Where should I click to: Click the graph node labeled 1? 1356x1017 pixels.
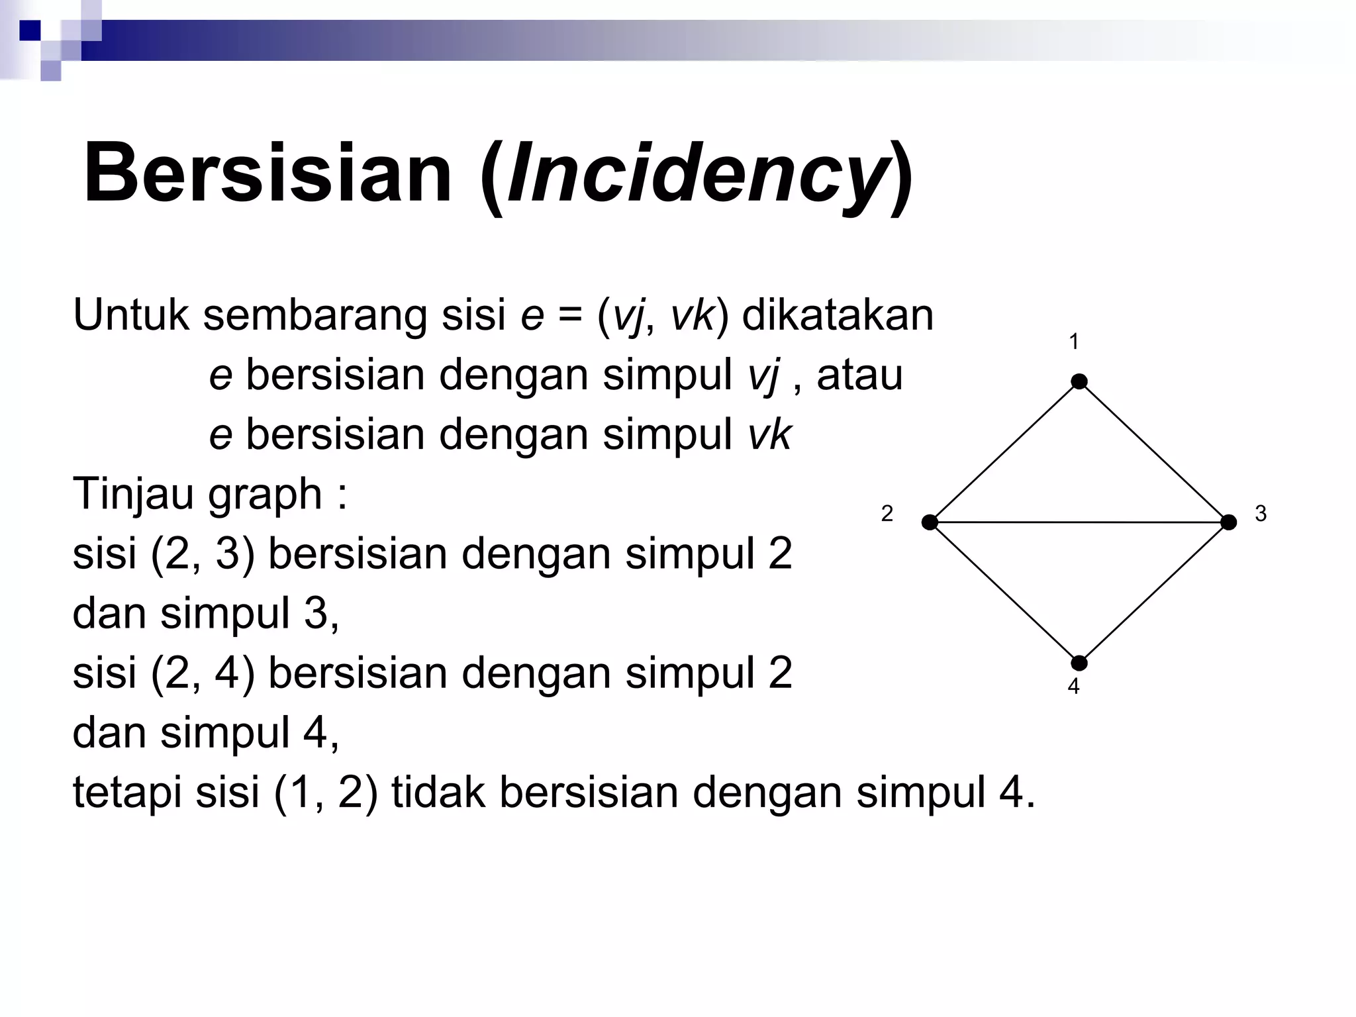1079,381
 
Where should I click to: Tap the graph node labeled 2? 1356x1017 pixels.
930,522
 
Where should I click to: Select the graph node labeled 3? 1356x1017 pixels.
1228,522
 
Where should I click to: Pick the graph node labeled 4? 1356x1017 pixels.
1079,663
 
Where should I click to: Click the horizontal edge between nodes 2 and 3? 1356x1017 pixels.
1079,522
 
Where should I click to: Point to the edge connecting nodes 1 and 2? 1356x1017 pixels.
1004,452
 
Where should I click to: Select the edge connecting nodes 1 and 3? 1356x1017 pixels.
1154,452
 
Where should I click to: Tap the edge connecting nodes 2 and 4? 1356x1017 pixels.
1004,593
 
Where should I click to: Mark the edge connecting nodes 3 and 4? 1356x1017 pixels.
1154,593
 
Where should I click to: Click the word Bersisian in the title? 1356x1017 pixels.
267,173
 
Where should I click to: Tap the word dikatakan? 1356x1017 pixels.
838,315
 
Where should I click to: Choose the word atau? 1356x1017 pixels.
859,375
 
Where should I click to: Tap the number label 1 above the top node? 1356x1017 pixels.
1074,342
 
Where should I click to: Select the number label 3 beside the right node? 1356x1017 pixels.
1261,514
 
